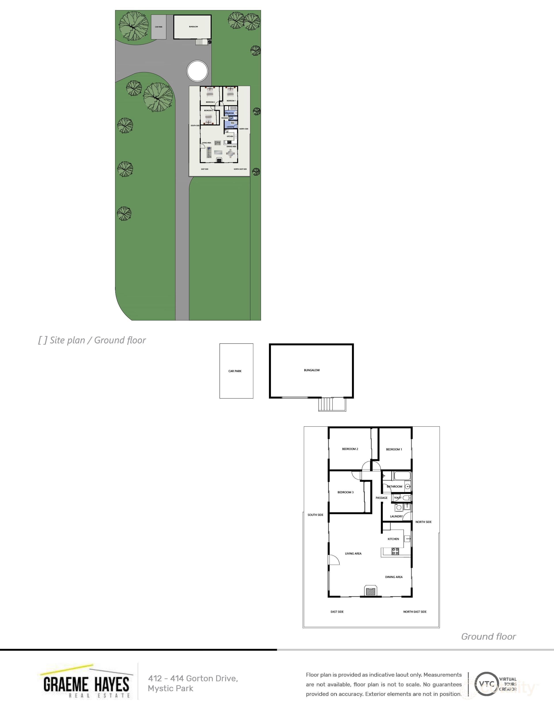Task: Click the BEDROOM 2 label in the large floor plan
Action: pos(350,449)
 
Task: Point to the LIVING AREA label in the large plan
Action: pos(353,553)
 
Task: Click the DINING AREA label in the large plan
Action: pos(394,577)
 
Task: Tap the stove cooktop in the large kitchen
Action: pos(395,551)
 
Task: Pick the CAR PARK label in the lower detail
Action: pos(235,371)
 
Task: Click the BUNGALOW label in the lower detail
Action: pos(312,370)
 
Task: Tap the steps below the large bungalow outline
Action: pos(325,404)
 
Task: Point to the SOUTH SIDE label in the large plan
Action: pos(315,515)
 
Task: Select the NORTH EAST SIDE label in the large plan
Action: pos(415,611)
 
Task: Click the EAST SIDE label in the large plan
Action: pos(337,611)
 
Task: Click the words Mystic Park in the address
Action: pos(170,688)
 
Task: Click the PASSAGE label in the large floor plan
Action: pos(381,498)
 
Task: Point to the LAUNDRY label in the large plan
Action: pos(396,516)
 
